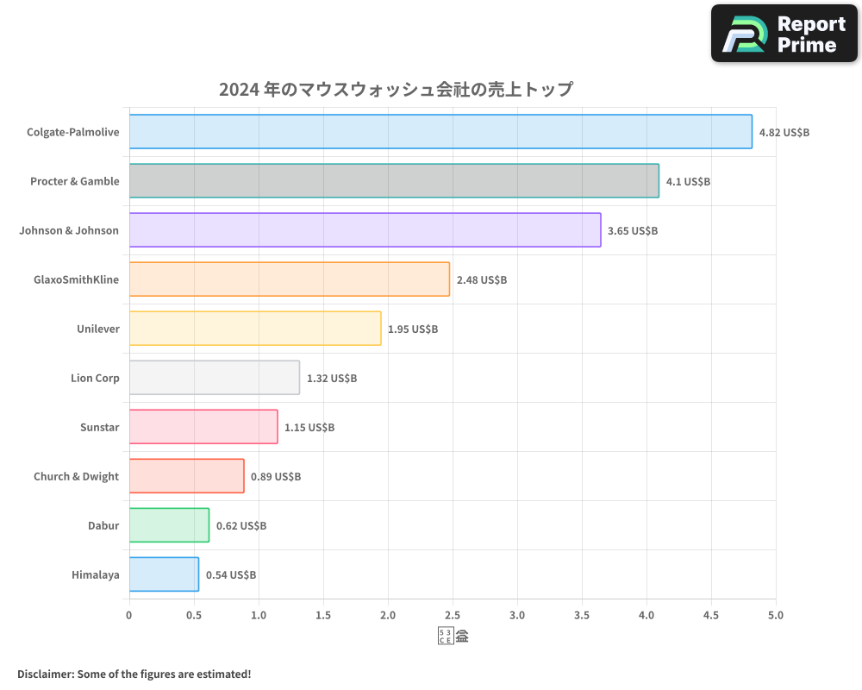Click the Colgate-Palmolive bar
(440, 132)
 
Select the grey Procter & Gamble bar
(394, 181)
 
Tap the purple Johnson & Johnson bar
(365, 230)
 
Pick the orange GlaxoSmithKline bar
(290, 279)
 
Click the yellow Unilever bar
(255, 329)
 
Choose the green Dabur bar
(169, 525)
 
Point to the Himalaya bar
(164, 574)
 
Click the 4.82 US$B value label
(784, 133)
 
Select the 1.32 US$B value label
(332, 379)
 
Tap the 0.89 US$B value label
(276, 477)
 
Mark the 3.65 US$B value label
(633, 231)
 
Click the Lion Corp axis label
(95, 378)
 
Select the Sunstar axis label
(99, 427)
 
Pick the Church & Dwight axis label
(76, 476)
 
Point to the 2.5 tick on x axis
(453, 616)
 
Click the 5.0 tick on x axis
(775, 616)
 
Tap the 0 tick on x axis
(129, 616)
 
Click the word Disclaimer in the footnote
(44, 674)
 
